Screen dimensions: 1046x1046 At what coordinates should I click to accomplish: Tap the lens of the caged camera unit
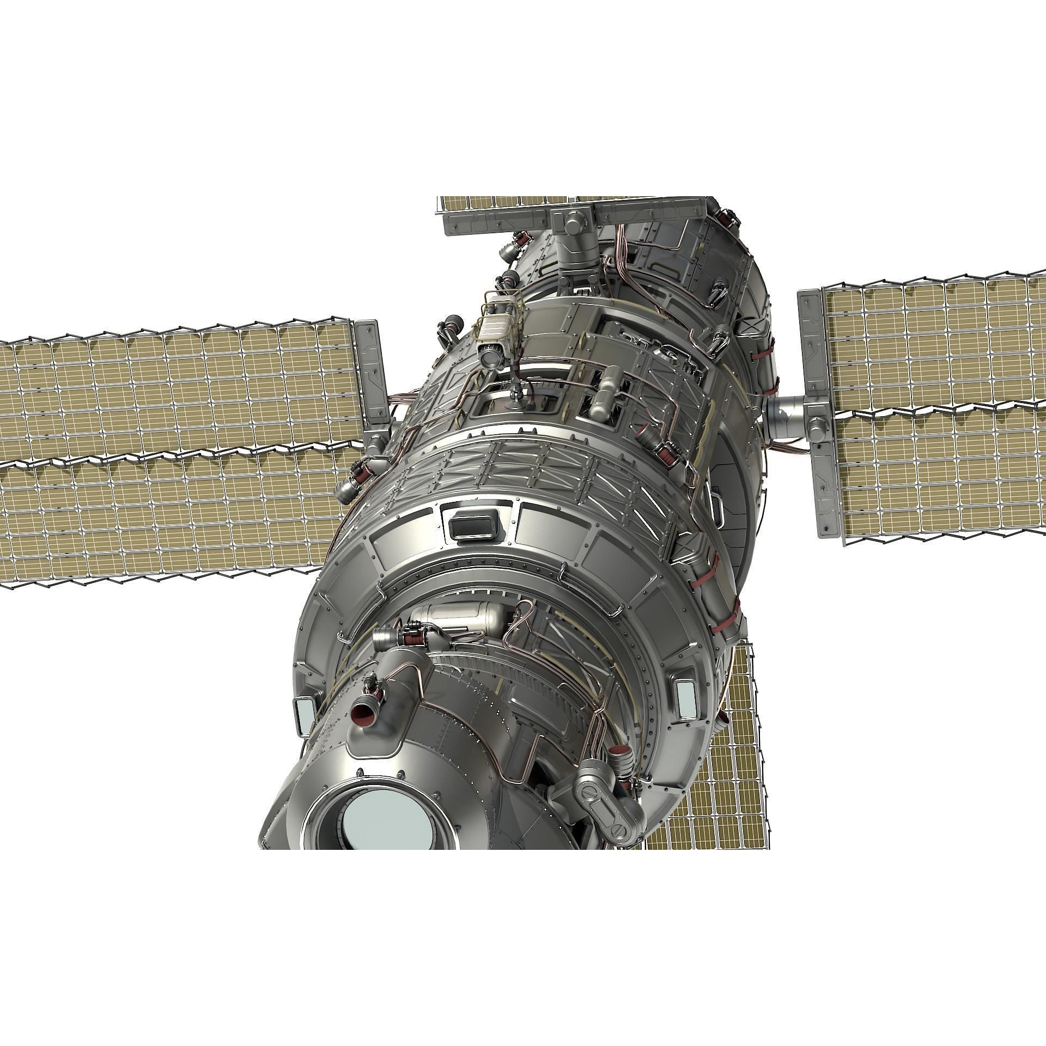tap(491, 356)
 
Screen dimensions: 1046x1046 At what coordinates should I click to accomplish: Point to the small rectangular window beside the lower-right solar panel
tap(685, 698)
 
